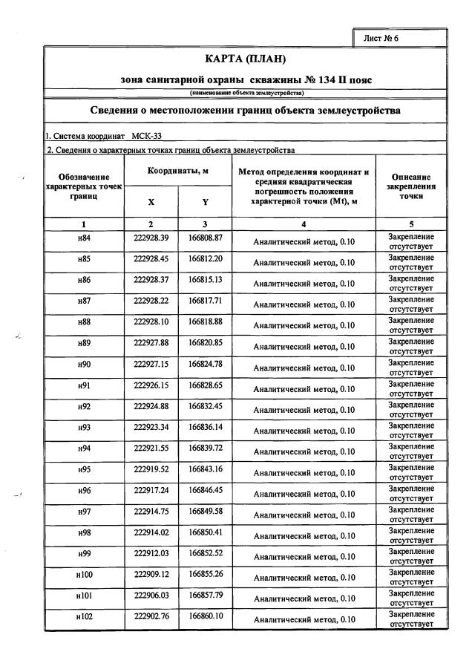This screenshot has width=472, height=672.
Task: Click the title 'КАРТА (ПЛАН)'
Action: [244, 59]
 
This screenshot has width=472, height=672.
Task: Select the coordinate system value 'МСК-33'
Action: [151, 137]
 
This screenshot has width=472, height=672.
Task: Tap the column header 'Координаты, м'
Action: [177, 171]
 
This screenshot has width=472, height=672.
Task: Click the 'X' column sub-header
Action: [151, 202]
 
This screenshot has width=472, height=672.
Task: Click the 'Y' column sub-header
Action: [205, 202]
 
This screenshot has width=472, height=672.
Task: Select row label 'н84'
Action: [84, 238]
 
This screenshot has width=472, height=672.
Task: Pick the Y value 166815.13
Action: [206, 279]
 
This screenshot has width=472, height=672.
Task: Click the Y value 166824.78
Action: [206, 364]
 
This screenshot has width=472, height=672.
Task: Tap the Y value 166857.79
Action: [206, 595]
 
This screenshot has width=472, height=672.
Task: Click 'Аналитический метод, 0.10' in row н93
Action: [304, 431]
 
